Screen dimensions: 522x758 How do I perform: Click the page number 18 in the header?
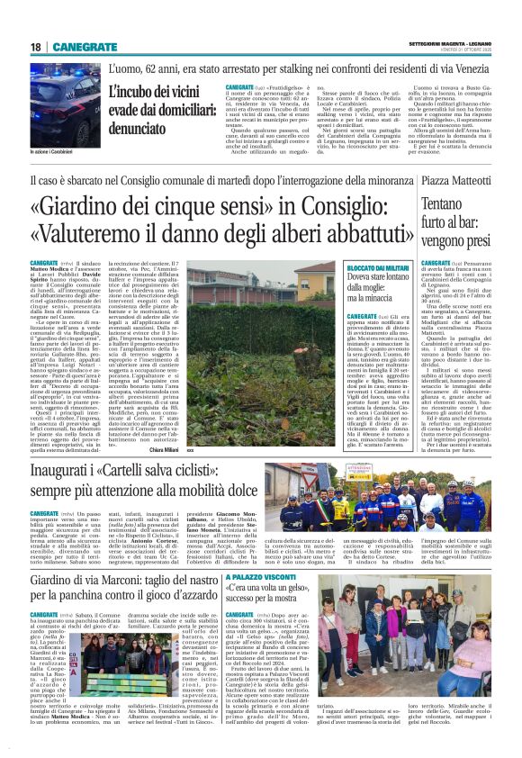pyautogui.click(x=35, y=47)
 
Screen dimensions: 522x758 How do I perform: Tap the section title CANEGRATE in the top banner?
pyautogui.click(x=82, y=47)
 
